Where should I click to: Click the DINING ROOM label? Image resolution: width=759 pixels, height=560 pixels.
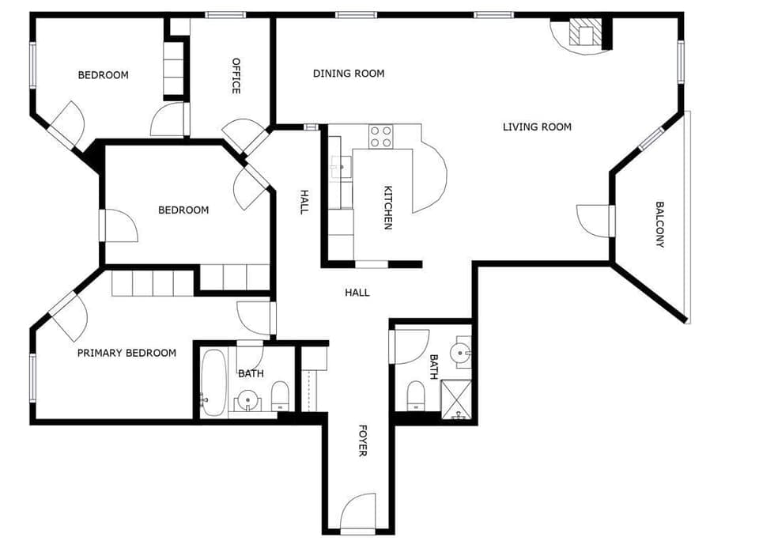coord(349,74)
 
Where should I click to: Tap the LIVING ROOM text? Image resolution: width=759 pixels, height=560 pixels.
coord(537,127)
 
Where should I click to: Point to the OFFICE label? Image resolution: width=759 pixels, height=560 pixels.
coord(236,75)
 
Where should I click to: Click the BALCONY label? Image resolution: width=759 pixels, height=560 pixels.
coord(660,225)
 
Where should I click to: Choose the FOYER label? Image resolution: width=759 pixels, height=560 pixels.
coord(363,441)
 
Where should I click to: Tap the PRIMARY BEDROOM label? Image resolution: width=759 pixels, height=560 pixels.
coord(126,353)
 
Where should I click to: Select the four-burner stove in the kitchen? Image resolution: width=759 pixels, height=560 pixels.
coord(381,136)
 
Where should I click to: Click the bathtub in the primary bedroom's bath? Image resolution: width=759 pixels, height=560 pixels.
coord(212,382)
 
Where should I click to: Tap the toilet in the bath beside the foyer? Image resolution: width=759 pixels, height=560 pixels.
coord(416,395)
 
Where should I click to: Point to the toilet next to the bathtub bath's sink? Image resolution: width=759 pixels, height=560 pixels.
coord(281,395)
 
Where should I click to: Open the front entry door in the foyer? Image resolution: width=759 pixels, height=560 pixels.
coord(357,513)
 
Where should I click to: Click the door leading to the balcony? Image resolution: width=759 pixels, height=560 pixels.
coord(595,220)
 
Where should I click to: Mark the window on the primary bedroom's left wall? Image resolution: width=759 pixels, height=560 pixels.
coord(32,378)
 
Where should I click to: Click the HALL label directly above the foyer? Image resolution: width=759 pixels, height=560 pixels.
coord(357,293)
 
